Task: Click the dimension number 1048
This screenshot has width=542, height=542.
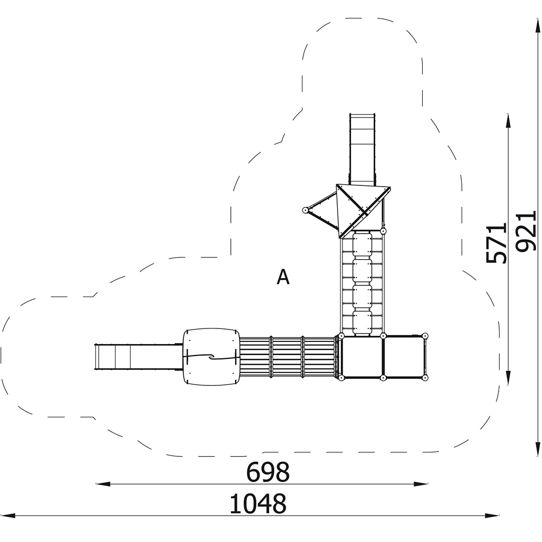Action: [x=258, y=504]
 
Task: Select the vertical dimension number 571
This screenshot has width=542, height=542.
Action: [x=496, y=243]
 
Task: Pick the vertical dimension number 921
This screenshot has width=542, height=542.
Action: [x=525, y=231]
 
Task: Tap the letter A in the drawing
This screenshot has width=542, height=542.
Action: [x=283, y=277]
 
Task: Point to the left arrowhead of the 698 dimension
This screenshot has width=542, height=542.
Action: [x=103, y=484]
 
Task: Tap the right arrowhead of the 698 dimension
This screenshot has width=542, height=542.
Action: [x=421, y=484]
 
